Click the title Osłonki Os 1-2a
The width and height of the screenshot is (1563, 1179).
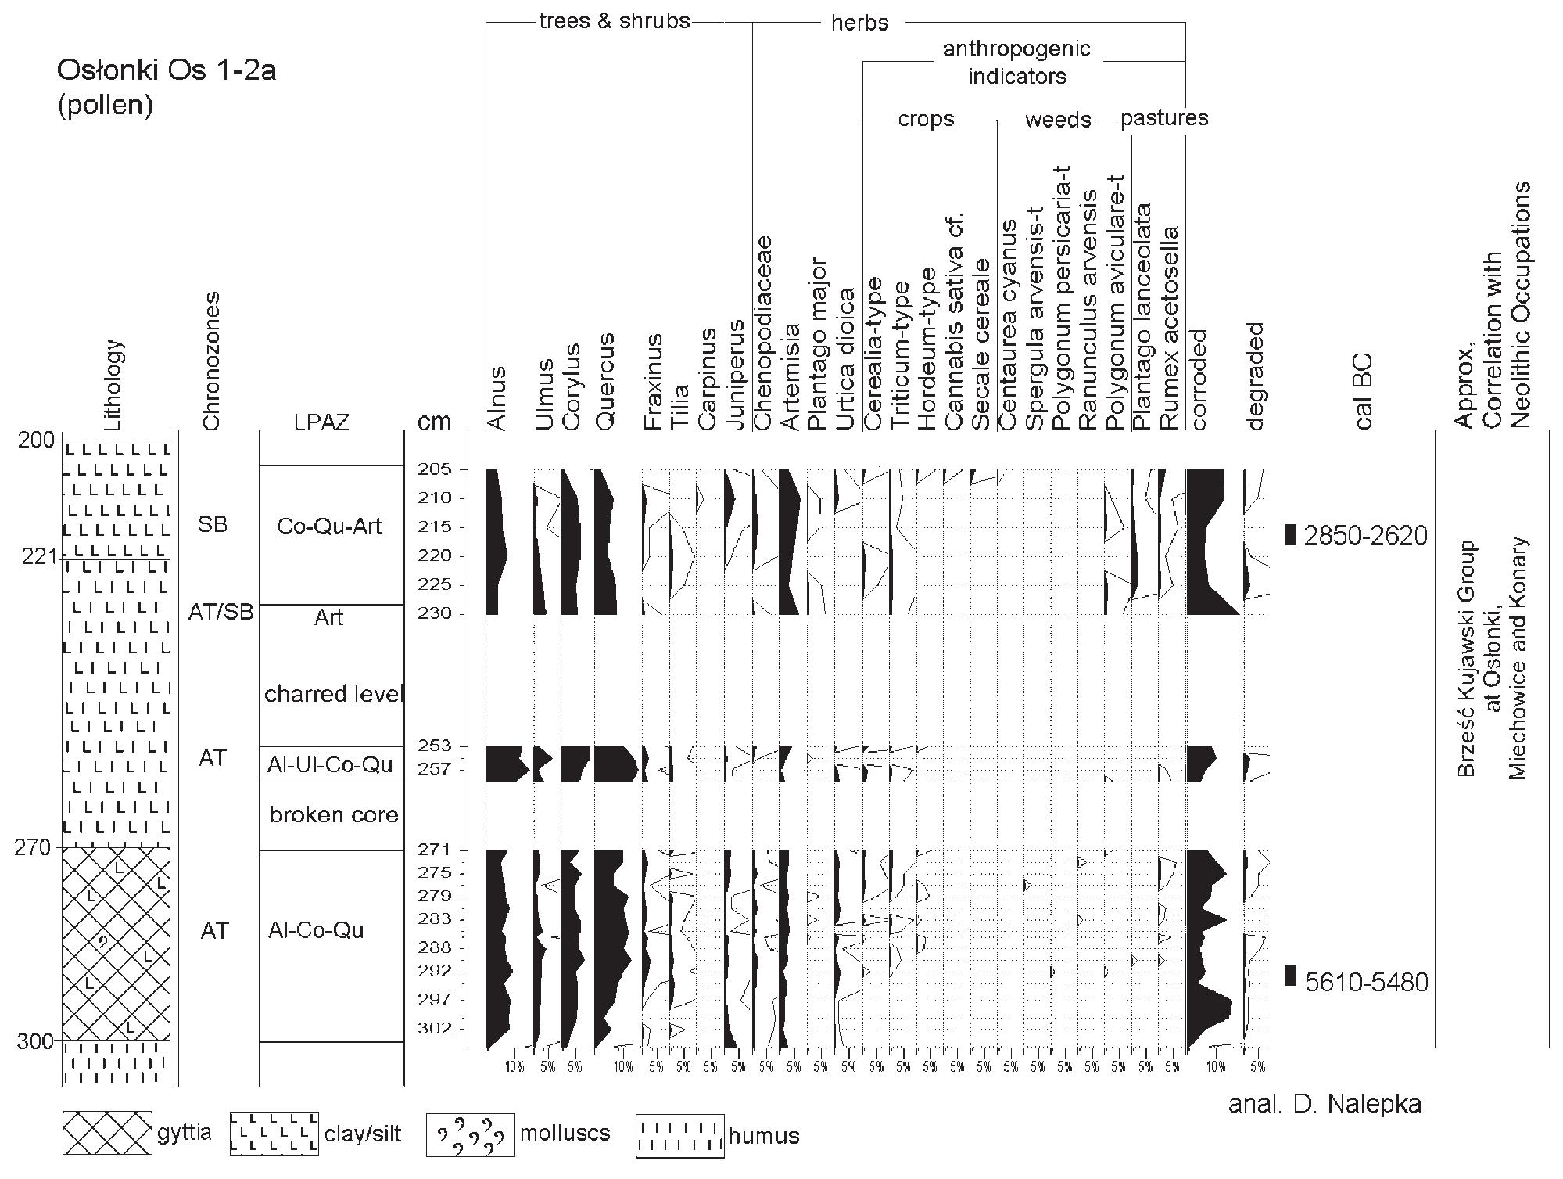tap(167, 71)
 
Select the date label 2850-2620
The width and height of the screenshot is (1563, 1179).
tap(1366, 536)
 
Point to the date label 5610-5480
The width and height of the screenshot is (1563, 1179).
tap(1366, 982)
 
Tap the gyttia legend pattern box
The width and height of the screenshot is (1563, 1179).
tap(108, 1132)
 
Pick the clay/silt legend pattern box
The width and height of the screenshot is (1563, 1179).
tap(274, 1133)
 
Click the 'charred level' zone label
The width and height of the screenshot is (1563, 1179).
tap(334, 694)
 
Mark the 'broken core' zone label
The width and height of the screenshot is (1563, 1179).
tap(334, 814)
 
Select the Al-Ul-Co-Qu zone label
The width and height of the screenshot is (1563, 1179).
tap(329, 764)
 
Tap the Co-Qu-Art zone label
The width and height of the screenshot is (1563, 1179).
tap(329, 526)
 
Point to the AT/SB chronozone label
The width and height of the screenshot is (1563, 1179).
tap(221, 612)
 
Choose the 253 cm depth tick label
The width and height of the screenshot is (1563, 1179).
tap(432, 746)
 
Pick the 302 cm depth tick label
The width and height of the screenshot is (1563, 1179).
tap(432, 1028)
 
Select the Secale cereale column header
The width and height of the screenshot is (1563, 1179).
tap(980, 344)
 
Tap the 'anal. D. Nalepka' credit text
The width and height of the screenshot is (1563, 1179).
tap(1325, 1104)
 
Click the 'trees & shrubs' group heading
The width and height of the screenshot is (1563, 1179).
tap(615, 20)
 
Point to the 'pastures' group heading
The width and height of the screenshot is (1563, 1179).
tap(1164, 118)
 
